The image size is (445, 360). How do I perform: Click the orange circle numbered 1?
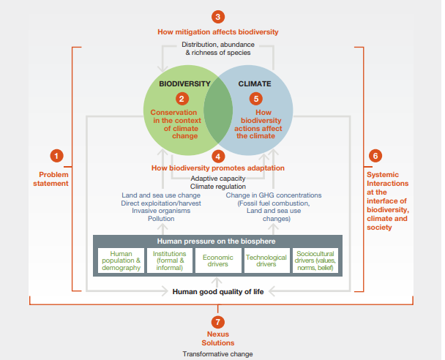[58, 155]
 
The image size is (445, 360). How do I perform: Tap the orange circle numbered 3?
[218, 17]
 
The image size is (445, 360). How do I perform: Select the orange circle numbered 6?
[375, 155]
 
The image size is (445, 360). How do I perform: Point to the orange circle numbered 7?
[218, 321]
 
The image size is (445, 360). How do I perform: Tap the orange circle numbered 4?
[218, 156]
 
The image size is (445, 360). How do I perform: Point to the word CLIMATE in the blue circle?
[254, 83]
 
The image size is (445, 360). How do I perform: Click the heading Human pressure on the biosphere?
[217, 241]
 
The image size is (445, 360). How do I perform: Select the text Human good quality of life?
[217, 291]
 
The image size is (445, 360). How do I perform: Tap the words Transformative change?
[217, 353]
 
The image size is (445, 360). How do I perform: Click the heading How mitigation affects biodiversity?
[218, 32]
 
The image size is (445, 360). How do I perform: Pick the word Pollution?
[160, 218]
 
